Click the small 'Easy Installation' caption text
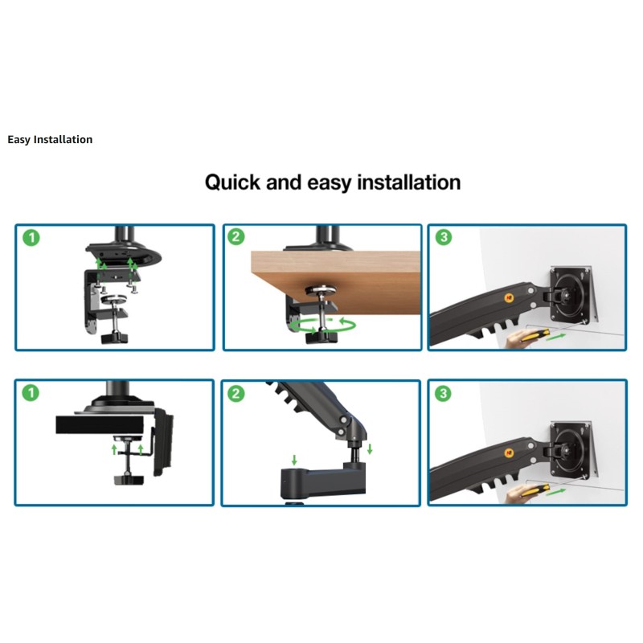50,140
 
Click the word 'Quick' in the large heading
233,182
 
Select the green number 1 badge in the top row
30,238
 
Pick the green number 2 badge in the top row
236,237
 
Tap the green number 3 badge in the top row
443,238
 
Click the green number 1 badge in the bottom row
30,393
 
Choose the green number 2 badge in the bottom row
236,393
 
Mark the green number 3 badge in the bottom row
443,393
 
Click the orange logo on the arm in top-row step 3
508,298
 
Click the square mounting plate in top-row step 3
572,293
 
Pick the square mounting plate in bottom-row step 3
572,448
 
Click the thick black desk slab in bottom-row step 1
100,424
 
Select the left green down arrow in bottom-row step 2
295,461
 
